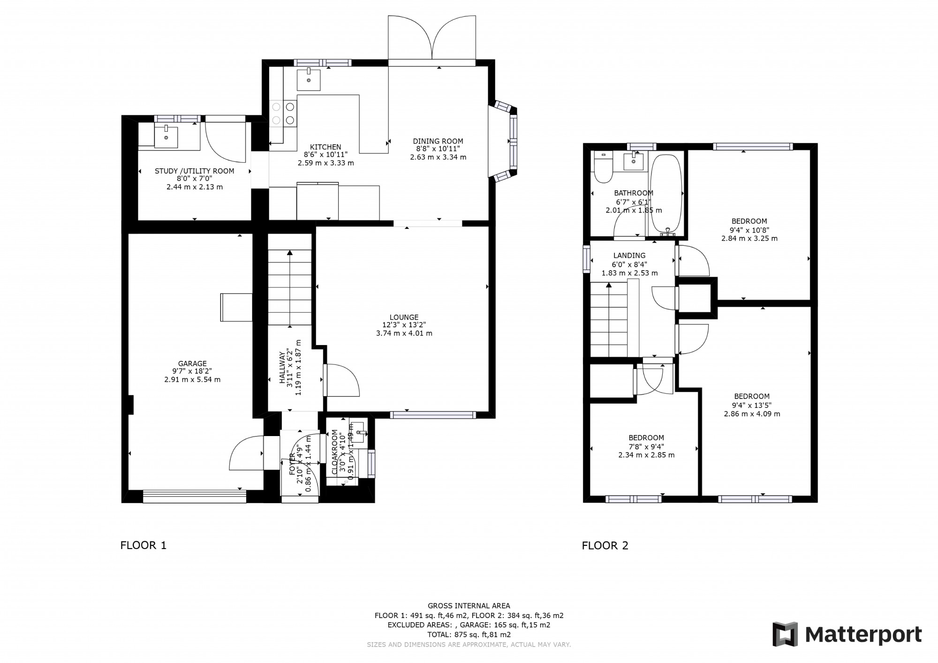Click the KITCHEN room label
point(325,147)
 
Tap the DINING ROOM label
point(438,141)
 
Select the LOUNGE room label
point(404,317)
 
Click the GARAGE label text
point(192,363)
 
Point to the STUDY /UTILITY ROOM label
point(194,171)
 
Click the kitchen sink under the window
point(309,80)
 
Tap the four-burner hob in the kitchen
point(283,114)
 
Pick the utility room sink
point(166,136)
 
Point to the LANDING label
point(629,256)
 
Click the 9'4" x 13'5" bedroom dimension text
point(752,405)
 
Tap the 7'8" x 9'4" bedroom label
point(646,446)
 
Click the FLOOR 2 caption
point(605,545)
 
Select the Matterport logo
point(847,635)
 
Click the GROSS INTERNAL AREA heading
point(469,606)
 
